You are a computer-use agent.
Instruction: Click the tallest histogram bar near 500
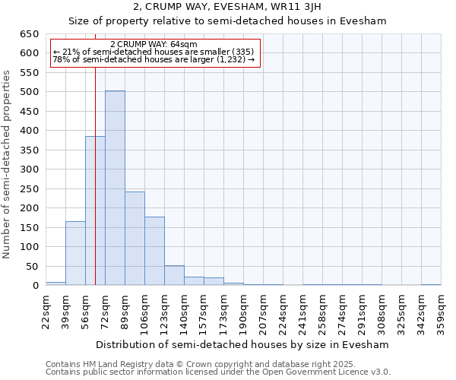115,188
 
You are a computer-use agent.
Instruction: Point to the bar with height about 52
174,275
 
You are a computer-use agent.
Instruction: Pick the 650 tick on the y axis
29,34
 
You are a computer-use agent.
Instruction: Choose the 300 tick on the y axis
29,169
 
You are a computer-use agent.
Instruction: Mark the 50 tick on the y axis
32,266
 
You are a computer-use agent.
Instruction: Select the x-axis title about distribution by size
243,344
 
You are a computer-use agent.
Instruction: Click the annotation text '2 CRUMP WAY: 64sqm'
154,44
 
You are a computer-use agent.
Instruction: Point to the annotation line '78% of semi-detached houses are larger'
154,59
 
